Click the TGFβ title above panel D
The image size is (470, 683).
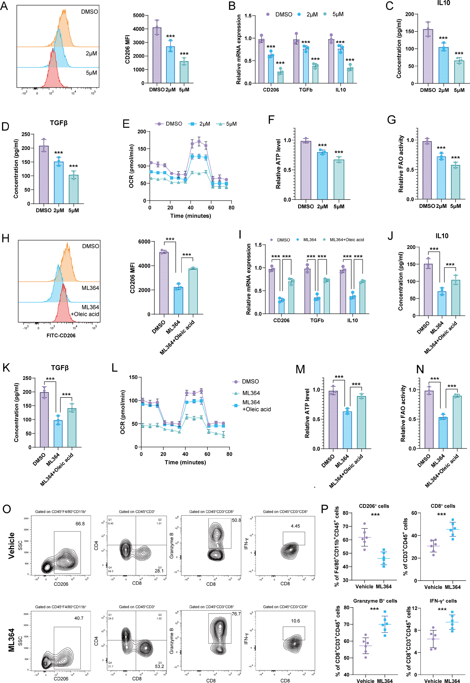pyautogui.click(x=58, y=123)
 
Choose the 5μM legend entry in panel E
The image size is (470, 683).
pyautogui.click(x=226, y=124)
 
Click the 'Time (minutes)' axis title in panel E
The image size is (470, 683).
pyautogui.click(x=190, y=216)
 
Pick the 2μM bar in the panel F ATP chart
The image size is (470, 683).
pyautogui.click(x=322, y=176)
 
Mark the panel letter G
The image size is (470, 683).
pyautogui.click(x=391, y=120)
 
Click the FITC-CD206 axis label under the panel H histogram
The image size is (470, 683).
pyautogui.click(x=61, y=335)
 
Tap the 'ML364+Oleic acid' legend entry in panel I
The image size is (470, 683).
pyautogui.click(x=344, y=240)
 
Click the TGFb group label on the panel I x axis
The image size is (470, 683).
pyautogui.click(x=317, y=320)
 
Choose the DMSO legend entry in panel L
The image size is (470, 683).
pyautogui.click(x=246, y=381)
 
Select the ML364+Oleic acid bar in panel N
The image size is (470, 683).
pyautogui.click(x=457, y=422)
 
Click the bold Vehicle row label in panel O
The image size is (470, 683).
pyautogui.click(x=11, y=545)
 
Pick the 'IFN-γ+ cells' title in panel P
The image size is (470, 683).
pyautogui.click(x=443, y=601)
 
